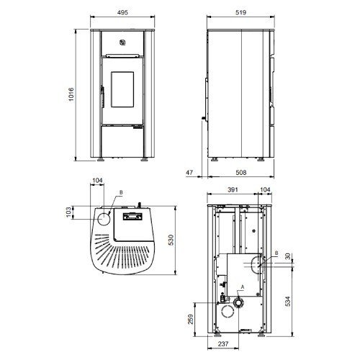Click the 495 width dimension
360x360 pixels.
(122, 12)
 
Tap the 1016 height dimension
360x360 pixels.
(71, 94)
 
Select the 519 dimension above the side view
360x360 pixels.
(240, 12)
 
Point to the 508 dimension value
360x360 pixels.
(241, 172)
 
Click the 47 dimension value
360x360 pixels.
(189, 172)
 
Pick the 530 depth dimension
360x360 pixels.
(171, 240)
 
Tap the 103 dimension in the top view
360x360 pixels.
(69, 212)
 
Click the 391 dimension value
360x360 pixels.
(233, 189)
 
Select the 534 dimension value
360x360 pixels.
(288, 301)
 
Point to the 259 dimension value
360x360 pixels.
(191, 319)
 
